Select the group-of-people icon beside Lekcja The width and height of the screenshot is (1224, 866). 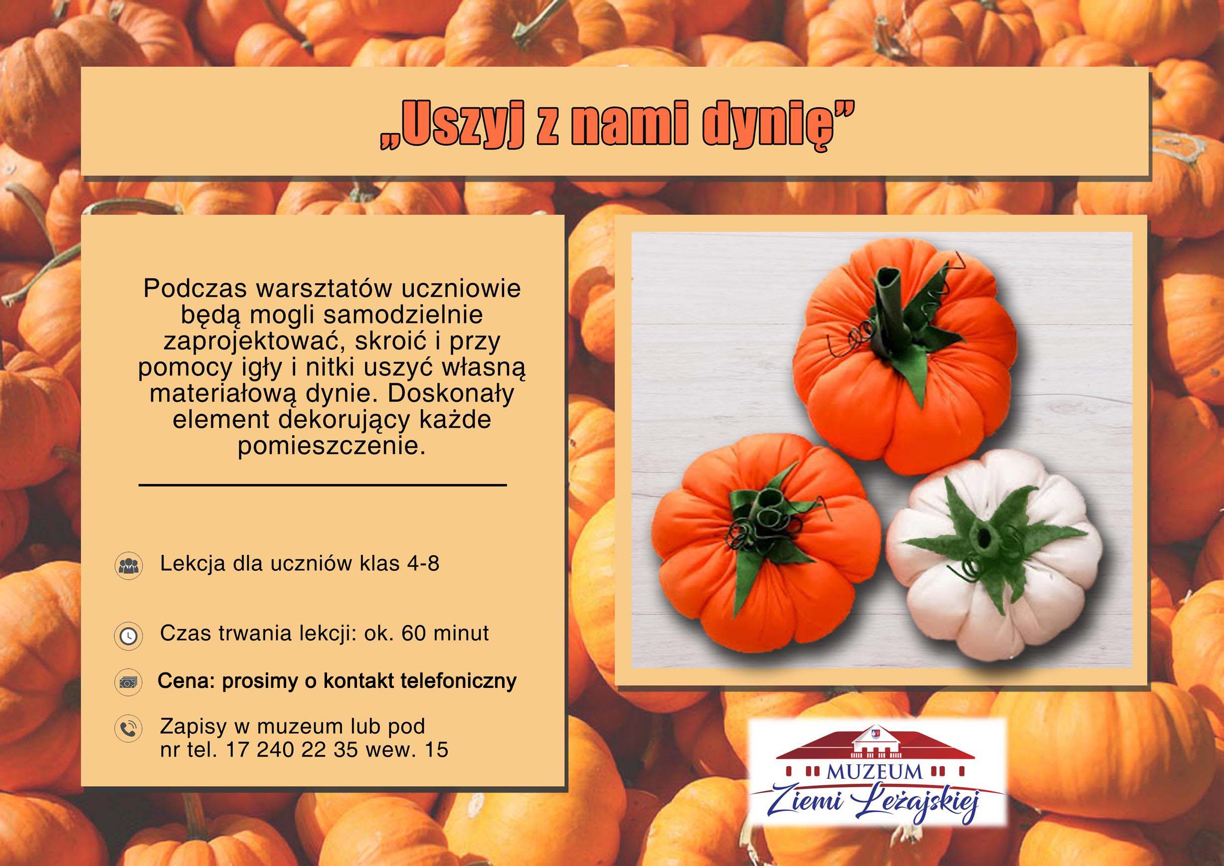[129, 566]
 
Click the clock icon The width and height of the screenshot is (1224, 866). [129, 636]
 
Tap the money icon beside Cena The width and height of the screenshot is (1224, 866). [129, 682]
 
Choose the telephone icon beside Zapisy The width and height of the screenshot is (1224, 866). [129, 728]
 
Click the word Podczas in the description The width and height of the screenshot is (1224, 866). [195, 288]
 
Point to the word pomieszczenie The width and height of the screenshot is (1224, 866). [332, 446]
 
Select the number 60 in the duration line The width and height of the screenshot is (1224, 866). [414, 633]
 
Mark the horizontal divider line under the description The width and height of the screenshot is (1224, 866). [323, 485]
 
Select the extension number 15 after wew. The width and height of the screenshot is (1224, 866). [437, 750]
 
